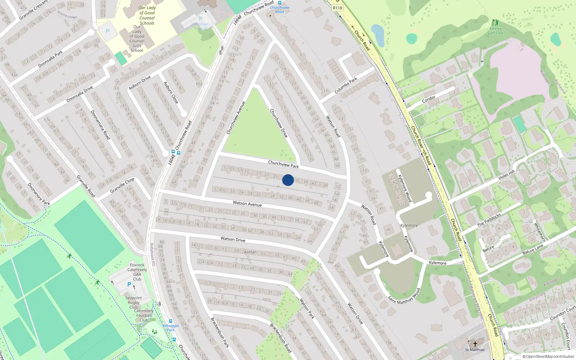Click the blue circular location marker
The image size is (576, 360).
point(288,180)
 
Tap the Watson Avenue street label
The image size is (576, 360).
point(247,204)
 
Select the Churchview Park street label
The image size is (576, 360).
point(283,164)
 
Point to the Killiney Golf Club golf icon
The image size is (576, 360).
point(495,22)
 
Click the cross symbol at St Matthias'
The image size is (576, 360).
point(475,344)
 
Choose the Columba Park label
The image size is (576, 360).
point(346,86)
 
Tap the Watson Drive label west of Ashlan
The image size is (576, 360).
point(233,239)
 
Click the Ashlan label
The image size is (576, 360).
point(250,252)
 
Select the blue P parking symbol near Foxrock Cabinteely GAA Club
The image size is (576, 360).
point(129,284)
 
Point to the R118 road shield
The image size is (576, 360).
point(337,8)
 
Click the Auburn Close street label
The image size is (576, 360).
point(171,93)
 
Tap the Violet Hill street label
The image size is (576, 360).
point(507,175)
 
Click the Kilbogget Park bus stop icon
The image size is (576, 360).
point(171,321)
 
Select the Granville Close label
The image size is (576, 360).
point(122,185)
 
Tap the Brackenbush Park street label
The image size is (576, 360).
point(220,332)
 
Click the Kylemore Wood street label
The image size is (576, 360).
point(405,188)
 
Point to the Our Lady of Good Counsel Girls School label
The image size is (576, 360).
point(137,39)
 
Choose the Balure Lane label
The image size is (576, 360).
point(533,249)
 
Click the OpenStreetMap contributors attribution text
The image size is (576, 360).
point(548,357)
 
